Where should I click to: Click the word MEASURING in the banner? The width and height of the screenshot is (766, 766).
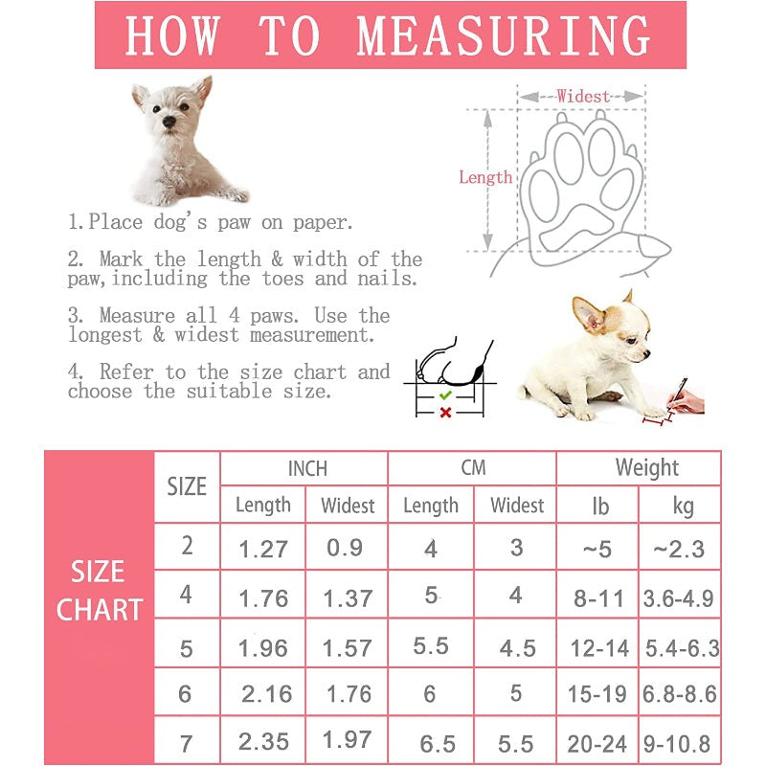point(504,35)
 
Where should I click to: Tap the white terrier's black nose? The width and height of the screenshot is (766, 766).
point(169,122)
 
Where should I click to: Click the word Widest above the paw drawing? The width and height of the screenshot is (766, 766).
point(583,96)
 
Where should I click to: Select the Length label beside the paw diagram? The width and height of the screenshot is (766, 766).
point(484,177)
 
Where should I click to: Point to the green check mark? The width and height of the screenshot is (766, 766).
point(444,394)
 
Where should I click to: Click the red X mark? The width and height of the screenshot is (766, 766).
point(444,413)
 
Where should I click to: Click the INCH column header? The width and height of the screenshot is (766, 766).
point(307,468)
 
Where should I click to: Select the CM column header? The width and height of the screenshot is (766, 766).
point(473,468)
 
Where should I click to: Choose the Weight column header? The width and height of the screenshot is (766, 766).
point(646,468)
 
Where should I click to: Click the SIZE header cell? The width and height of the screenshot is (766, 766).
point(187,486)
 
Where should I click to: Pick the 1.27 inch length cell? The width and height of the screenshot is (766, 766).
point(263,549)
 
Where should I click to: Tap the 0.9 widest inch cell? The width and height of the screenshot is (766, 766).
point(345,548)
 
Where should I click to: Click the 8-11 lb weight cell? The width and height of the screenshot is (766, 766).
point(598,599)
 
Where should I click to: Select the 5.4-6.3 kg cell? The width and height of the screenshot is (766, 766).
point(680,647)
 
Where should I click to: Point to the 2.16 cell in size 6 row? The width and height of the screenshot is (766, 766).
point(266,694)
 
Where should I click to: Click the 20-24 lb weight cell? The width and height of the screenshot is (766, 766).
point(598,743)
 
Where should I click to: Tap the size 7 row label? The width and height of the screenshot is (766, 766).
point(187,741)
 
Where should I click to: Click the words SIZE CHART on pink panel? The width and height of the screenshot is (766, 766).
point(99,591)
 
